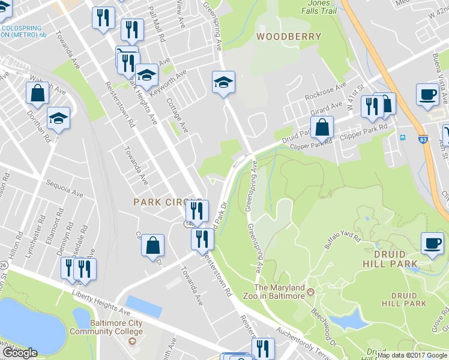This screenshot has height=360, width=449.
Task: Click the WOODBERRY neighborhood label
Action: [289, 37]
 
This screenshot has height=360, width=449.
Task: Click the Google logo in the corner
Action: [19, 353]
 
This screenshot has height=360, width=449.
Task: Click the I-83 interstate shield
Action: [423, 138]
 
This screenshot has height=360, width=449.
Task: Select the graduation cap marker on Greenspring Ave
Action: [223, 82]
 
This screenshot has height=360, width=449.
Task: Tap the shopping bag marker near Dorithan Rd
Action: [37, 94]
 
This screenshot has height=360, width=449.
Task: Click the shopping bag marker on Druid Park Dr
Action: [322, 127]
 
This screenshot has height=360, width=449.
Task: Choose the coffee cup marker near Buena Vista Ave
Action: [427, 95]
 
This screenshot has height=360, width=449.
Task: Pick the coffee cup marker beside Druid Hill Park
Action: [432, 244]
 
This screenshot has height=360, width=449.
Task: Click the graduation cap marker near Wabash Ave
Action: [59, 118]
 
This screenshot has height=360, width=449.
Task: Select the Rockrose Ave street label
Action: [325, 94]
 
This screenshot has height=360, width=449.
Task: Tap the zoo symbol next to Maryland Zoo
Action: [310, 293]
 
